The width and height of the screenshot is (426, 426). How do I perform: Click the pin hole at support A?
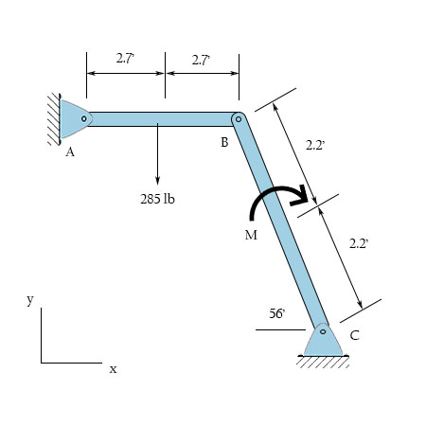(x=84, y=119)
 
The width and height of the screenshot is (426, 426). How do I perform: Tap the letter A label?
(x=70, y=153)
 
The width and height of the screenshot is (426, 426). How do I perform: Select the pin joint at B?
(x=239, y=119)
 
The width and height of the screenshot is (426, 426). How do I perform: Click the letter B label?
(x=224, y=143)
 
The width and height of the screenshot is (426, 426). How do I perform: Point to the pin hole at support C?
(x=323, y=331)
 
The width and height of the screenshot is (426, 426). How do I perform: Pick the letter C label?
(x=354, y=335)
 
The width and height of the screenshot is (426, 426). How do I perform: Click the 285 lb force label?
(x=157, y=199)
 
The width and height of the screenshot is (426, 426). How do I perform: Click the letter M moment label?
(x=251, y=235)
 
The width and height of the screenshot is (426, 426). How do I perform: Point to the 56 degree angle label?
(x=276, y=312)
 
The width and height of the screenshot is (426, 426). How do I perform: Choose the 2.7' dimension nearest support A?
(x=125, y=59)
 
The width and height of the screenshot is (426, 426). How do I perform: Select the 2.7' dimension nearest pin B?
(x=201, y=59)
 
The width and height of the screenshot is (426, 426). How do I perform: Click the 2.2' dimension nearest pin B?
(x=315, y=146)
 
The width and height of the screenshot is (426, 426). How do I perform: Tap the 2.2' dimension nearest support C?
(x=358, y=244)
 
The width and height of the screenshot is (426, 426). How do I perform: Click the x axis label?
(x=113, y=368)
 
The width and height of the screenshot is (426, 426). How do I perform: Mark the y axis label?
(x=30, y=299)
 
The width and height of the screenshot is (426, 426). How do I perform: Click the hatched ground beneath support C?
(x=323, y=362)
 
